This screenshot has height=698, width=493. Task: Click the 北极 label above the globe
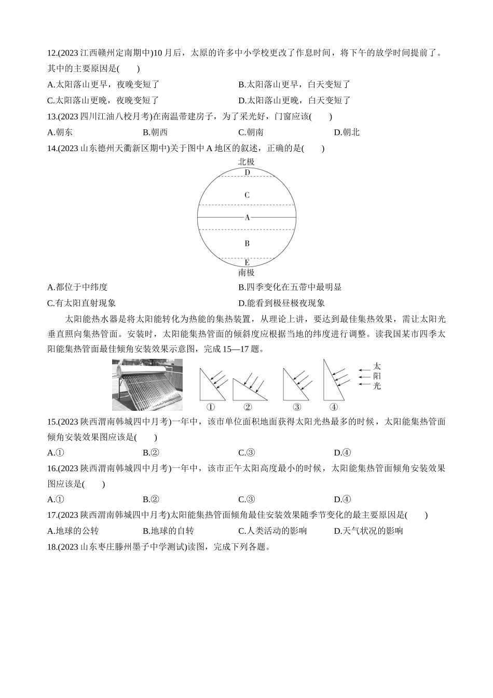click(x=246, y=162)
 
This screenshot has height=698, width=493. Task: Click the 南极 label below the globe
click(x=246, y=272)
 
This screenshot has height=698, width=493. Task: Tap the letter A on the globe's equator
click(x=247, y=218)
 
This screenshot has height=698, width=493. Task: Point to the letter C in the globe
click(x=247, y=195)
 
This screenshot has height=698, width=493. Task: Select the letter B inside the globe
click(x=247, y=243)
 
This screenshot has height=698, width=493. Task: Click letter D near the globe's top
click(x=247, y=172)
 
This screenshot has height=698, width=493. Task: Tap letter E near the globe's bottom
click(x=247, y=262)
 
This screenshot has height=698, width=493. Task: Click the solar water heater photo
click(x=147, y=384)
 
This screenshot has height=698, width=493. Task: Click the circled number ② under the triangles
click(x=248, y=407)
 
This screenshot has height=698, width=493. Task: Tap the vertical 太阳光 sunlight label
click(x=377, y=376)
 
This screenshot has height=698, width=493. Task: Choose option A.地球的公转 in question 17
click(x=73, y=531)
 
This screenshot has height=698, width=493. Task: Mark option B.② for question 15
click(x=151, y=453)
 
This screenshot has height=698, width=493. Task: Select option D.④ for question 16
click(x=343, y=500)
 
